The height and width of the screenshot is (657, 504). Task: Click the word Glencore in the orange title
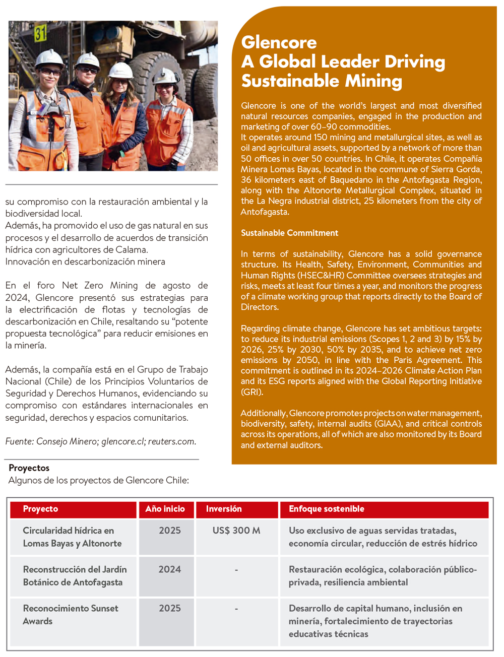click(279, 42)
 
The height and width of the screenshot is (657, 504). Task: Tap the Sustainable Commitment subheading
click(289, 233)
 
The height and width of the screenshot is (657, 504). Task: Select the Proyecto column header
click(40, 509)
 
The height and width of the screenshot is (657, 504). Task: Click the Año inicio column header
click(165, 509)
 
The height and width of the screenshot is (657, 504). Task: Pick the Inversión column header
click(224, 509)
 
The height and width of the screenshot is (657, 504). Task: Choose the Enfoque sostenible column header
click(326, 509)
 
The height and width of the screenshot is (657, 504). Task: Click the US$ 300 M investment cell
click(236, 531)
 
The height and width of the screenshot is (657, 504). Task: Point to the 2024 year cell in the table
click(169, 569)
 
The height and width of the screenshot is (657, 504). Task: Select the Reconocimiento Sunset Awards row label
click(71, 615)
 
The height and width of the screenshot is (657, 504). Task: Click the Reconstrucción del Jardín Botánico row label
click(75, 576)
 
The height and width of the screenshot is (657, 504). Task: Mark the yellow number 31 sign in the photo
click(40, 33)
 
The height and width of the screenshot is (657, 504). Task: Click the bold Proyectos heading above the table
click(29, 468)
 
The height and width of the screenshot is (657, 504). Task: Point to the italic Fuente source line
click(101, 441)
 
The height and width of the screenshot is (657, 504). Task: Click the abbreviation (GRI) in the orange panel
click(252, 392)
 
